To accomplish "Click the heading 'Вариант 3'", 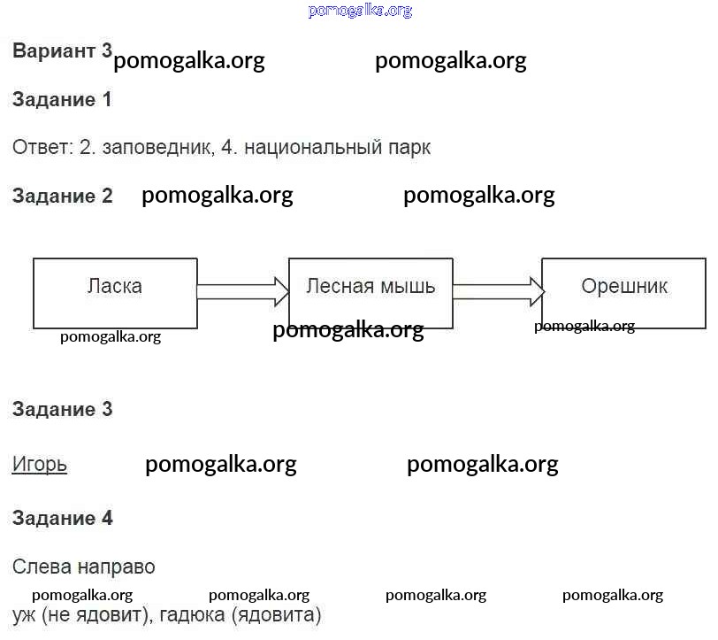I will tap(62, 50).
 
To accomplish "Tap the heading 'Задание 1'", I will tap(62, 99).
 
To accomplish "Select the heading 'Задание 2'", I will tap(62, 196).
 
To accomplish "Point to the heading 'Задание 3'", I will tap(62, 409).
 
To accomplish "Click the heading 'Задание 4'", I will tap(62, 518).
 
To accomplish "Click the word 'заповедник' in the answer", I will tap(157, 148).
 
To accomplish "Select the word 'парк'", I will tap(409, 148).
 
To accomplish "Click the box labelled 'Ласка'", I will tap(115, 293).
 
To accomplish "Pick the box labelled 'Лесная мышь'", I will tap(370, 293).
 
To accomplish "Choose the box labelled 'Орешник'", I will tap(624, 293).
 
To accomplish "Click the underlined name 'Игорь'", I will tap(40, 464).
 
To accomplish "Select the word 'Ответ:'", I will tap(42, 148).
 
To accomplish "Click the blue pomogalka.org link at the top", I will tap(360, 11).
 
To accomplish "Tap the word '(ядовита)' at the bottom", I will tap(276, 614).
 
